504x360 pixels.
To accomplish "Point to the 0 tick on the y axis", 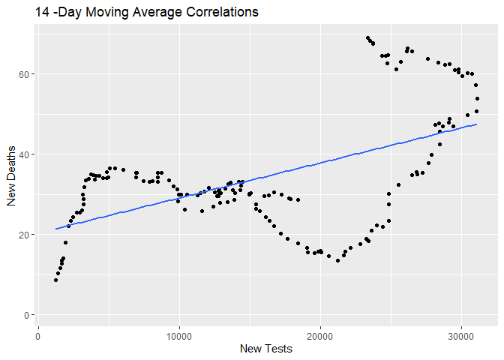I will point(28,315).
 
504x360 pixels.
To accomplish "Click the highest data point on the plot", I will point(367,38).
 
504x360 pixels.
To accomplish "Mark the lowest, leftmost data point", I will point(55,280).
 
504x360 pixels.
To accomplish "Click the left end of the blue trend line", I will point(55,229).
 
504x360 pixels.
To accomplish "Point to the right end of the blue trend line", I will point(476,124).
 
